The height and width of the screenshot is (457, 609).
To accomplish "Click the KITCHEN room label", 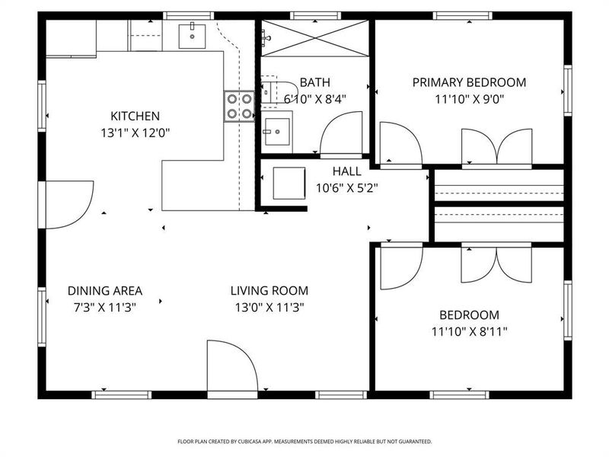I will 135,116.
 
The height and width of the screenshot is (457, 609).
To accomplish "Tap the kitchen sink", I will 193,35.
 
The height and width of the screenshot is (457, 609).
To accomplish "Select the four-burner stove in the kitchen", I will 238,106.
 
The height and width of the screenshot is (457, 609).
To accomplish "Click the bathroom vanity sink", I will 278,131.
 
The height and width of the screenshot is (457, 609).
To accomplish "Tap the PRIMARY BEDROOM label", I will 469,82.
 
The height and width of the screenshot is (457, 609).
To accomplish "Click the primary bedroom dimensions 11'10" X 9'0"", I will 469,99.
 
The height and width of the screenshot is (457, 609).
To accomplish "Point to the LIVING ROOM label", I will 269,290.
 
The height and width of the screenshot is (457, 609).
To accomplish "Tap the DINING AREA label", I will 105,290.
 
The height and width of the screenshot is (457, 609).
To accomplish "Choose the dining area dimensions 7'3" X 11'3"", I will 105,307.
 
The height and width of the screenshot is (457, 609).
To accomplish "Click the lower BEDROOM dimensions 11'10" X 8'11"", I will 469,331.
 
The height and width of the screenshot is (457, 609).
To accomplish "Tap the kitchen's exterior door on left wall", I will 69,204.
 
